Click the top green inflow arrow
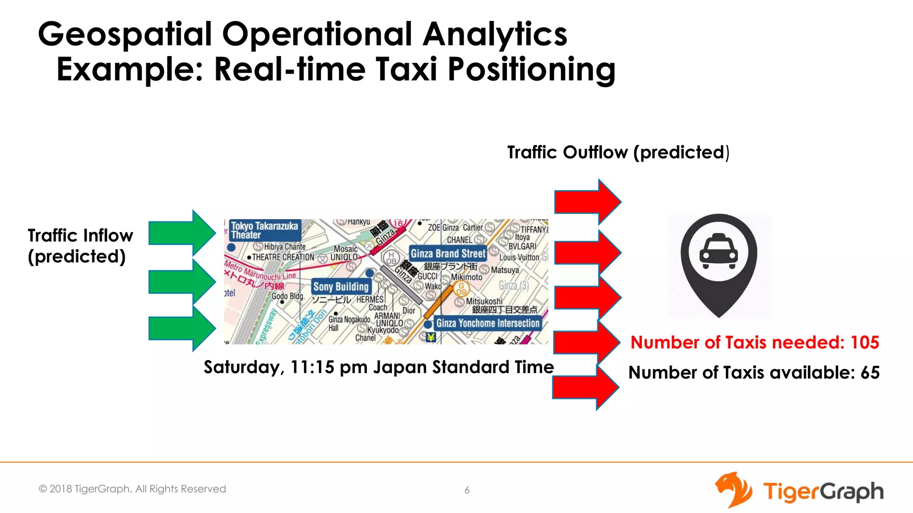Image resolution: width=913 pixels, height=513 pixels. (x=181, y=233)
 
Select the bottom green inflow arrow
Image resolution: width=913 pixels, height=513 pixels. (x=181, y=328)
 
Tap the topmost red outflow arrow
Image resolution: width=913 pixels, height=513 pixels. (x=586, y=202)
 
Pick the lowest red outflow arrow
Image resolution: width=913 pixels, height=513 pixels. (x=584, y=387)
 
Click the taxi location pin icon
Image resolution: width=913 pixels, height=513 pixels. (x=719, y=265)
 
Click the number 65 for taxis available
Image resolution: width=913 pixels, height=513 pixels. (x=870, y=373)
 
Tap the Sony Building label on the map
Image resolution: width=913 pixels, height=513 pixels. (x=341, y=286)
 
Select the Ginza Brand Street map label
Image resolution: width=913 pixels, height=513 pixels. (x=448, y=253)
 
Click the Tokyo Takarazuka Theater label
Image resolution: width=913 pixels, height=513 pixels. (x=264, y=230)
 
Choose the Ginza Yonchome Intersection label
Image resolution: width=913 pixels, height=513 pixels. (x=488, y=323)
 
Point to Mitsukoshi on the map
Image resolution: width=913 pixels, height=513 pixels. (x=484, y=301)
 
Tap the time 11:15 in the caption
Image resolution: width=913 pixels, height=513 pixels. (x=312, y=367)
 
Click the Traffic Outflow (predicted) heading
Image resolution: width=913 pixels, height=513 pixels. (x=618, y=152)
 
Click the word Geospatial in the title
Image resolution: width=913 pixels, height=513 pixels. (x=125, y=34)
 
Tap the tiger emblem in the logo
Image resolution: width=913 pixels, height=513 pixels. (x=733, y=490)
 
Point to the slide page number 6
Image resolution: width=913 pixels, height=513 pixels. (x=467, y=490)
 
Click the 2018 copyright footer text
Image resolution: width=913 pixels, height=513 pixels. (x=132, y=489)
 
